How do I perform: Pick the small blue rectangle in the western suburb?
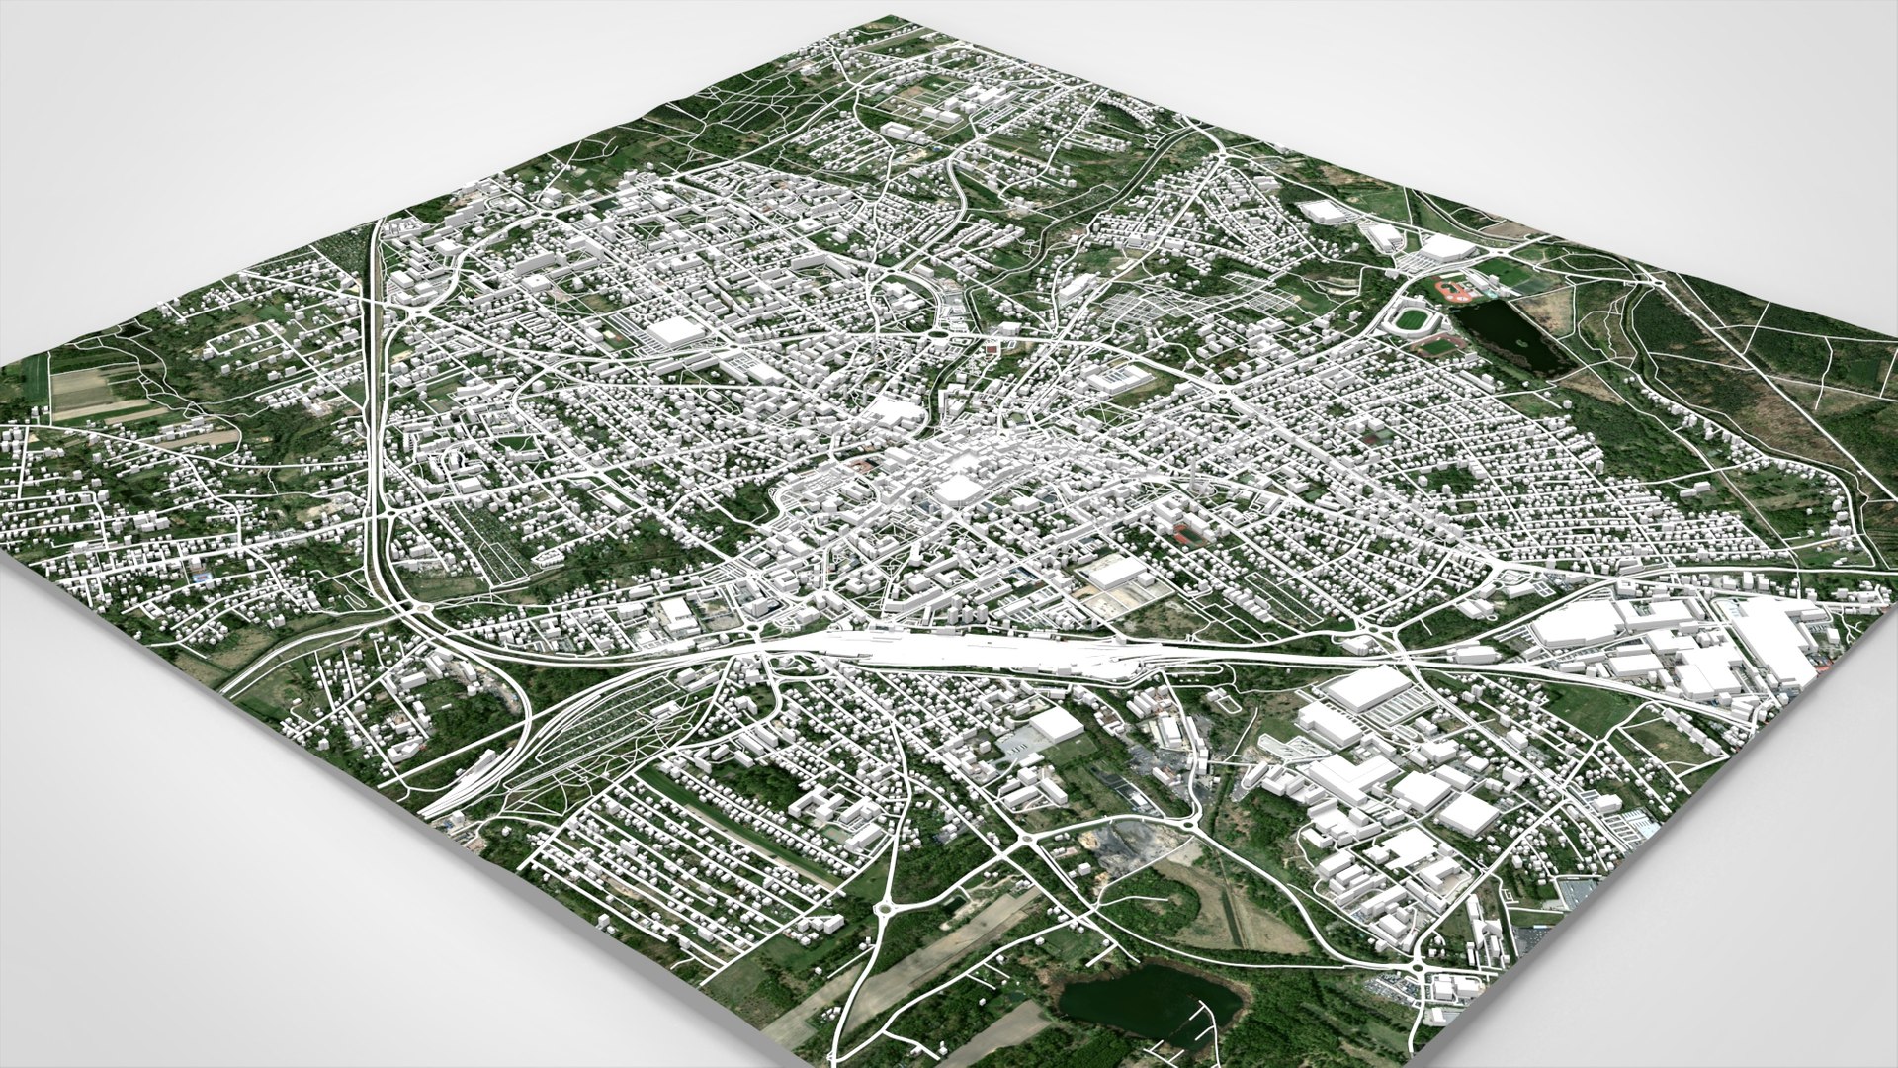click(202, 573)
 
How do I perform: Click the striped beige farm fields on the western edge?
click(94, 396)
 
